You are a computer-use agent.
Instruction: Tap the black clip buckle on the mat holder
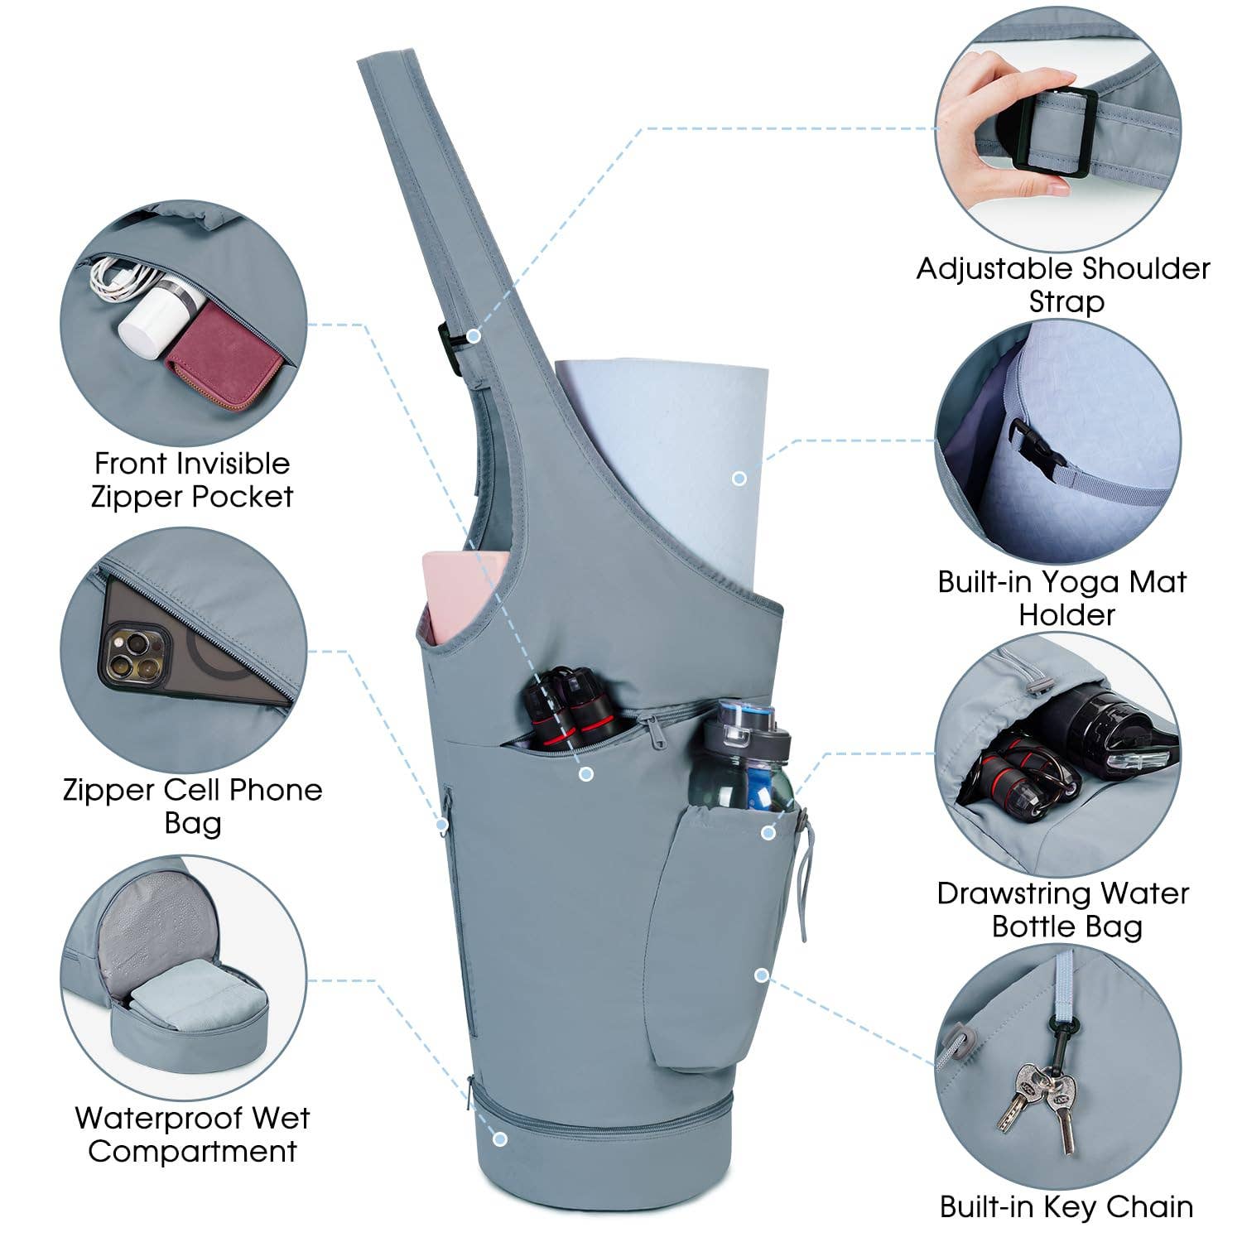tap(1041, 446)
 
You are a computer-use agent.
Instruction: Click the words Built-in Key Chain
tap(1066, 1206)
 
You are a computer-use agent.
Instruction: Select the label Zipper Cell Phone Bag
tap(193, 806)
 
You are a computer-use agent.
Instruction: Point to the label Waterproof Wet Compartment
tap(192, 1134)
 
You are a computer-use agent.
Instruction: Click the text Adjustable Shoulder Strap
tap(1063, 284)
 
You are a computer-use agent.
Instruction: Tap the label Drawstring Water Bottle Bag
tap(1064, 908)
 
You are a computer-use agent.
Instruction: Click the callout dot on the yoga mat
tap(739, 478)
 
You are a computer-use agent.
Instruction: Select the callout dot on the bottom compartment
tap(499, 1138)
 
